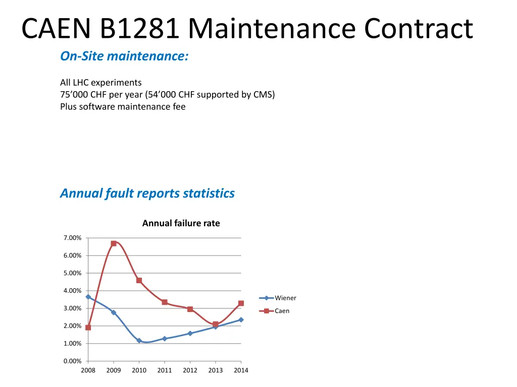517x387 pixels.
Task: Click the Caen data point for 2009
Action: coord(114,243)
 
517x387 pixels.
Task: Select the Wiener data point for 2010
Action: coord(139,341)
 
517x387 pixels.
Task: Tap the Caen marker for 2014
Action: coord(241,303)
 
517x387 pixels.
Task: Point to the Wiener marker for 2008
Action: coord(88,297)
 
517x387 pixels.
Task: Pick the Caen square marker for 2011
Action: coord(165,302)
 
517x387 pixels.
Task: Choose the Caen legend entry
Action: coord(275,311)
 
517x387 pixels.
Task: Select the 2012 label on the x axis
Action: coord(190,370)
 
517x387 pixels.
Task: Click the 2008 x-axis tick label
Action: coord(88,370)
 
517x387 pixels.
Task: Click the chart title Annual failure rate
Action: coord(181,223)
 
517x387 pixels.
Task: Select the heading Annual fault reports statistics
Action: coord(147,193)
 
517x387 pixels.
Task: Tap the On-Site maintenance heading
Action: coord(124,56)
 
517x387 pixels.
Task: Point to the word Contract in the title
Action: coord(419,29)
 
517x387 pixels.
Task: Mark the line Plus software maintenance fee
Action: coord(123,106)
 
